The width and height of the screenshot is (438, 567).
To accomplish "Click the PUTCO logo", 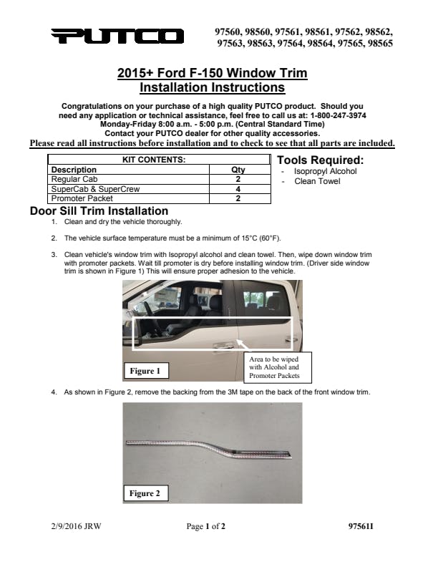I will [x=117, y=37].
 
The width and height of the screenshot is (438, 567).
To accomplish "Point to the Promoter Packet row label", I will [x=82, y=198].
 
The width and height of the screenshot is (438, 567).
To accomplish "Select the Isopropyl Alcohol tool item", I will [x=325, y=172].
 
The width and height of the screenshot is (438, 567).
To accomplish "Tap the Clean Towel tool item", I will [x=317, y=181].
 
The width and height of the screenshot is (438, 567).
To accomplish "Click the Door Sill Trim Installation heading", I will [x=99, y=211].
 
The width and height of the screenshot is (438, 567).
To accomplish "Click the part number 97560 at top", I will [x=229, y=32].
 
